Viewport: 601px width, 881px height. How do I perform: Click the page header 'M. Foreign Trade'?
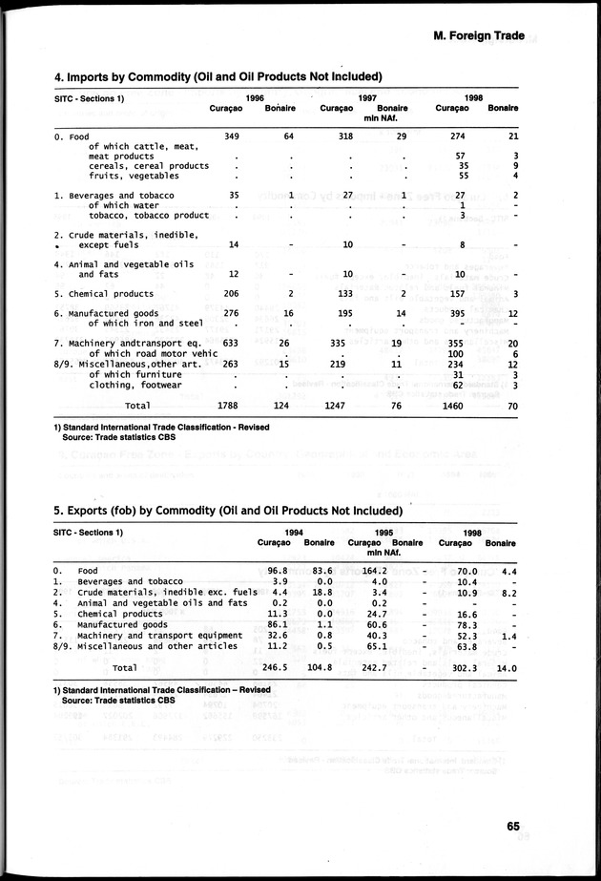479,36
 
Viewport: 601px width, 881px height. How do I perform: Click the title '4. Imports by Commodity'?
218,76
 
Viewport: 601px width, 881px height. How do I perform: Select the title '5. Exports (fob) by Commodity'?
228,511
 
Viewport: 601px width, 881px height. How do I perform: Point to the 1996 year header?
255,98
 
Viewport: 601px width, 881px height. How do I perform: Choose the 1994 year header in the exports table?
295,533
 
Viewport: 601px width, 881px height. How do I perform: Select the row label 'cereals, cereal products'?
148,166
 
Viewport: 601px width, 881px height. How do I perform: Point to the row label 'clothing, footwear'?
135,386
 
